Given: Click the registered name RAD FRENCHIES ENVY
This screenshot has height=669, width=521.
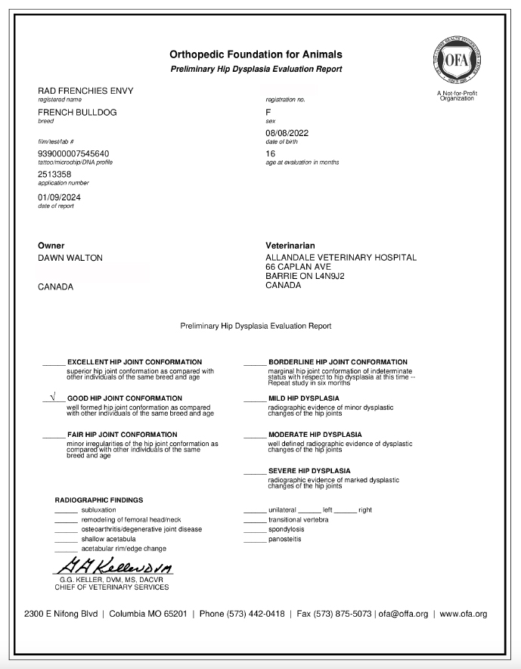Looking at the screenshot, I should pyautogui.click(x=85, y=91).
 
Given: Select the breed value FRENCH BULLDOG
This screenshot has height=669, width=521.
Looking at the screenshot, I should pyautogui.click(x=77, y=113).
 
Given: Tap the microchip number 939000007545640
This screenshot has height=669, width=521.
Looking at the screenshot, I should pyautogui.click(x=73, y=153).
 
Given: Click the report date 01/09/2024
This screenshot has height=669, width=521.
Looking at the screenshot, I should pyautogui.click(x=59, y=197).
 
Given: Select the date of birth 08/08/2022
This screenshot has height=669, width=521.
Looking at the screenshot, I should pyautogui.click(x=287, y=133).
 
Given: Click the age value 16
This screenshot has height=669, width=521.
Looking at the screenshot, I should pyautogui.click(x=271, y=153).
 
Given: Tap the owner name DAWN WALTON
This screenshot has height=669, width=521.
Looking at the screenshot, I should pyautogui.click(x=70, y=258).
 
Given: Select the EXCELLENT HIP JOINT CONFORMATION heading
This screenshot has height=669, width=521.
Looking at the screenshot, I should pyautogui.click(x=135, y=362).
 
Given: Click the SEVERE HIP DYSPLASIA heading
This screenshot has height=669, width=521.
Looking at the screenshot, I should pyautogui.click(x=309, y=471).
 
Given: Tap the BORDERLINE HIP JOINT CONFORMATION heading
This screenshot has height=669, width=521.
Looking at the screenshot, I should pyautogui.click(x=337, y=362).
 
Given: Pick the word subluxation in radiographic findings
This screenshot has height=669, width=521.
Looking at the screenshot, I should pyautogui.click(x=98, y=510).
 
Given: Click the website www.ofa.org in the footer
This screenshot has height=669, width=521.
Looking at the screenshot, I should pyautogui.click(x=463, y=614).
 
